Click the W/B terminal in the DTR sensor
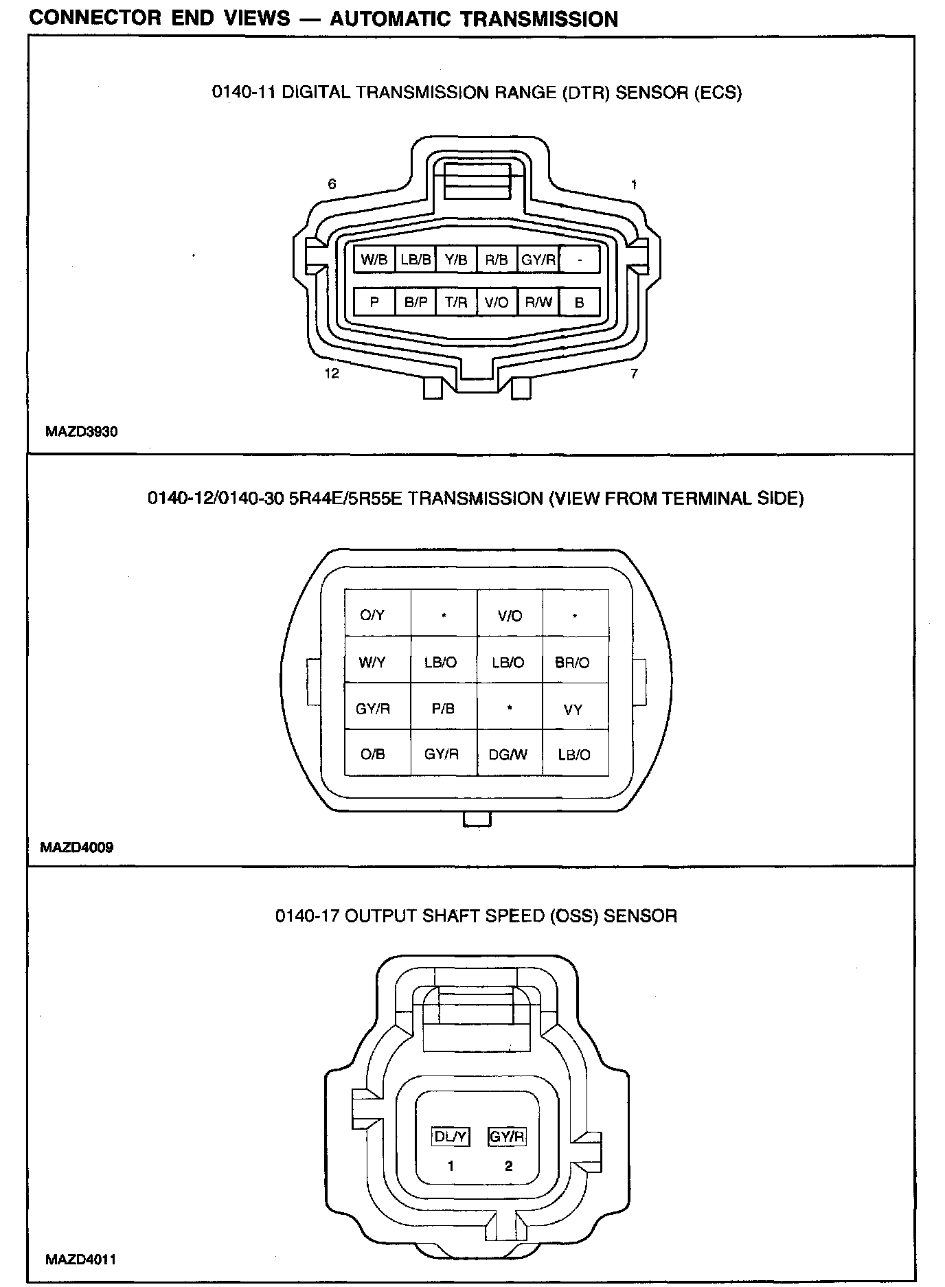pyautogui.click(x=374, y=260)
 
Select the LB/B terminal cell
pyautogui.click(x=415, y=260)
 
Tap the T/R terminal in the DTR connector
pyautogui.click(x=456, y=301)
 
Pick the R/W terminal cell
pyautogui.click(x=538, y=301)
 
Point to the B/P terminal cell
pyautogui.click(x=415, y=301)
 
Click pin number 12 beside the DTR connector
pyautogui.click(x=332, y=374)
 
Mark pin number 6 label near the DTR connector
pyautogui.click(x=332, y=184)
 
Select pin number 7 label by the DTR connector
pyautogui.click(x=634, y=374)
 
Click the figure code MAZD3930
pyautogui.click(x=82, y=432)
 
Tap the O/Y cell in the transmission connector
pyautogui.click(x=372, y=615)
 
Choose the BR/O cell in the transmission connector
pyautogui.click(x=572, y=663)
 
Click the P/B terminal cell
pyautogui.click(x=443, y=709)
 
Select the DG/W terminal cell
pyautogui.click(x=508, y=755)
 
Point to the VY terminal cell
pyautogui.click(x=573, y=709)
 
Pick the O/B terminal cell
pyautogui.click(x=373, y=754)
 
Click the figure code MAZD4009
pyautogui.click(x=77, y=847)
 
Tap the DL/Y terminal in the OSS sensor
pyautogui.click(x=451, y=1137)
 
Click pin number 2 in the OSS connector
pyautogui.click(x=508, y=1165)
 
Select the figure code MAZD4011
pyautogui.click(x=80, y=1260)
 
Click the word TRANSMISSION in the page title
pyautogui.click(x=539, y=19)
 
